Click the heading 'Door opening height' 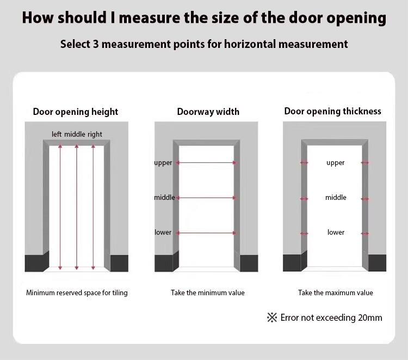click(x=76, y=112)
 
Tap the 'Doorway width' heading click(x=208, y=112)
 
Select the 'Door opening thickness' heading click(x=332, y=111)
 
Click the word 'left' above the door click(x=57, y=134)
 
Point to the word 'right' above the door click(x=95, y=135)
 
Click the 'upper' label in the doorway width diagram click(x=163, y=163)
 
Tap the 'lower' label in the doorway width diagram click(x=163, y=232)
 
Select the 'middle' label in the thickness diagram click(x=336, y=198)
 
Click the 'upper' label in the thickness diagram click(x=336, y=163)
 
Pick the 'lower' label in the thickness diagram click(x=336, y=232)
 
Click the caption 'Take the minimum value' click(x=208, y=293)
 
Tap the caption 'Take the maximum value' click(x=336, y=293)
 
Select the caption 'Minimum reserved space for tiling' click(x=77, y=293)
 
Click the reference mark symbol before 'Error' click(x=272, y=318)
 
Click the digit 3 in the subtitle click(x=96, y=44)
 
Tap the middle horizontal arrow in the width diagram click(x=206, y=198)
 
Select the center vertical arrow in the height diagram click(x=77, y=207)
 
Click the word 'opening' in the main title click(x=356, y=18)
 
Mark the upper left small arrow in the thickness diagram click(x=304, y=163)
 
